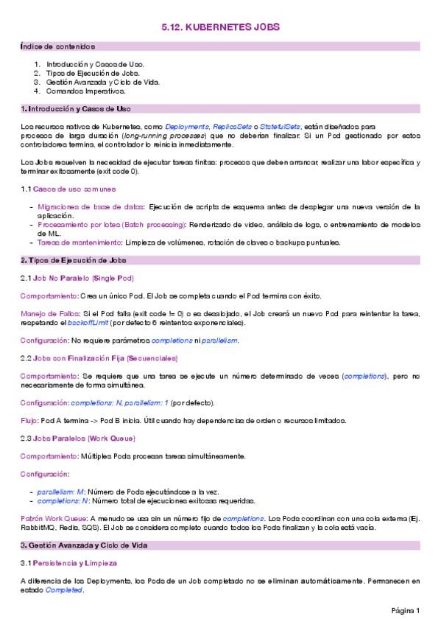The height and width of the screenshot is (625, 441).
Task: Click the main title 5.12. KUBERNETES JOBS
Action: click(x=220, y=27)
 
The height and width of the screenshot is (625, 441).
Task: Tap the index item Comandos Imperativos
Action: click(x=85, y=91)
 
